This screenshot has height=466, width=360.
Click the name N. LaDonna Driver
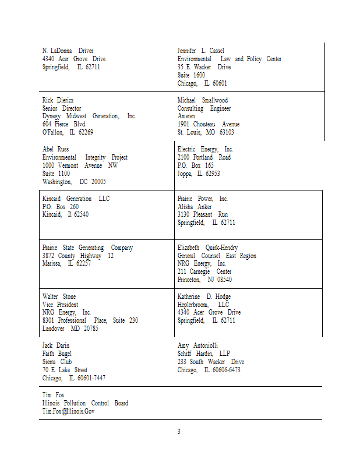point(68,51)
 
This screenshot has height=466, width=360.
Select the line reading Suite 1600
point(191,75)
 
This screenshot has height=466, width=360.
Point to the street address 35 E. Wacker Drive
point(204,67)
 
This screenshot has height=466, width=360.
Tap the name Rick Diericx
point(58,100)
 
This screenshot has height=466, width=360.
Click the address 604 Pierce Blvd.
point(64,124)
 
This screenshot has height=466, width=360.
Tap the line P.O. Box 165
point(195,165)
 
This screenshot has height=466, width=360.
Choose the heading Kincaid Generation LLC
point(76,199)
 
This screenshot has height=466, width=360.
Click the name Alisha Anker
point(195,207)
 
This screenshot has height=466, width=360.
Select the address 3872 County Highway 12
point(77,256)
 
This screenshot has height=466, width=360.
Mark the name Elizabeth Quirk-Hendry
point(207,248)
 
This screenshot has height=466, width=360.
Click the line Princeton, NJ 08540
point(204,280)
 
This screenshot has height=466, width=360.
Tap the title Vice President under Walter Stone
point(60,305)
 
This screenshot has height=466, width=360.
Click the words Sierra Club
point(57,362)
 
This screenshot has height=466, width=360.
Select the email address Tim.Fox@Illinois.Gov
point(68,411)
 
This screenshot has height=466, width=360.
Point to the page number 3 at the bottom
point(179,432)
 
